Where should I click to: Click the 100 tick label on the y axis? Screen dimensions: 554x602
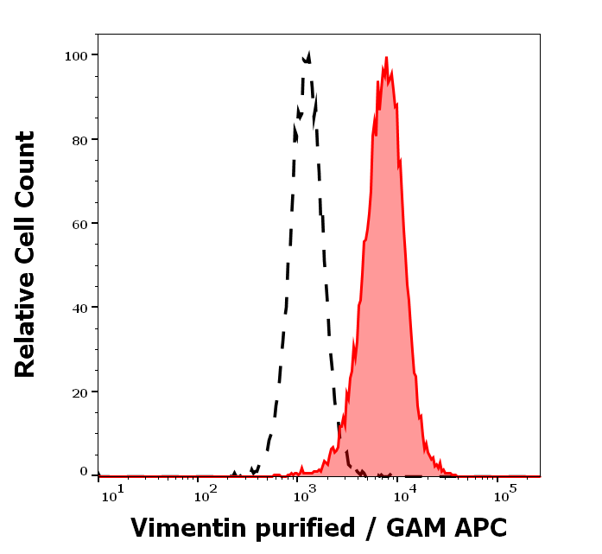coord(77,55)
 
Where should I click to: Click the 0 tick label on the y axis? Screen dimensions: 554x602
coord(84,472)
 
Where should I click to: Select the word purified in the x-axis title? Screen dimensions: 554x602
coord(300,528)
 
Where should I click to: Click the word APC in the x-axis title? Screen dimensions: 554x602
coord(478,528)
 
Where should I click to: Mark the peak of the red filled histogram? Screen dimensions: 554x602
coord(387,59)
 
